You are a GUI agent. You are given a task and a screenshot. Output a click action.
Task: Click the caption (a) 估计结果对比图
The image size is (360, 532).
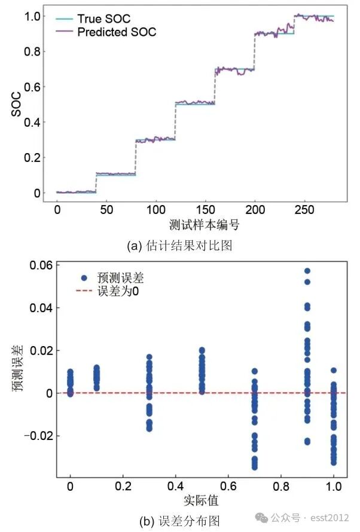coord(179,245)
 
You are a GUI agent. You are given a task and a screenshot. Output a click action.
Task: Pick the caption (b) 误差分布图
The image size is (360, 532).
coord(179,521)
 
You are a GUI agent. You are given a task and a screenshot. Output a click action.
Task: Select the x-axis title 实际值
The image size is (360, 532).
coord(202,499)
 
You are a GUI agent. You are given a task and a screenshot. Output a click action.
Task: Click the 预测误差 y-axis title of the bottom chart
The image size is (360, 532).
coord(17,371)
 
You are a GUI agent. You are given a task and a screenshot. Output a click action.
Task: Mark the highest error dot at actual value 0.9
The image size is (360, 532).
coord(307,271)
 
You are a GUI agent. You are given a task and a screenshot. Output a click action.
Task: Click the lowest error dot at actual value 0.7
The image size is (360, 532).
coord(255,467)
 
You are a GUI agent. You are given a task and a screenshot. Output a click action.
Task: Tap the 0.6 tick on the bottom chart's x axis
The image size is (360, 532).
coord(228,486)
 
